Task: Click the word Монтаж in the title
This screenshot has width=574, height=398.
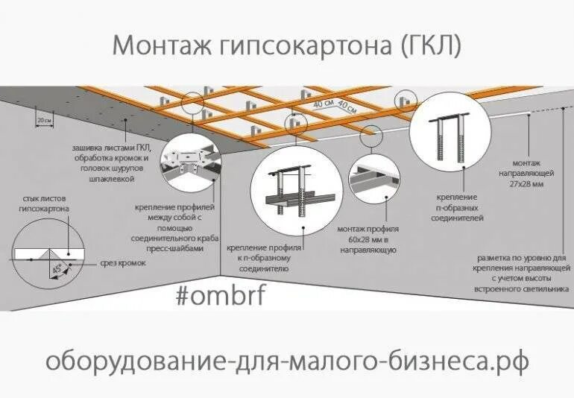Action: click(x=154, y=45)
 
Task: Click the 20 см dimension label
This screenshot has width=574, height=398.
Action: click(x=43, y=120)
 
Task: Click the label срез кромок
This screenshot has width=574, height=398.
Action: click(x=124, y=263)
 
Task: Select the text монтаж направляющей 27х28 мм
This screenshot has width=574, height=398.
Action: click(x=527, y=172)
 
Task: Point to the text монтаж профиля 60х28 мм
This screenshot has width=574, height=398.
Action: click(x=368, y=239)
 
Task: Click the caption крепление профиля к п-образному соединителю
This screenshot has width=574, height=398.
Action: click(x=264, y=256)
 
